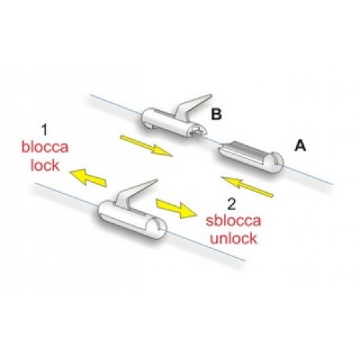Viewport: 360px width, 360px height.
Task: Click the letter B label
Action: point(216,114)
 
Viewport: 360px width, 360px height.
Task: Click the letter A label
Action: point(300,145)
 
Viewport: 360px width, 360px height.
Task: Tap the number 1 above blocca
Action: point(45,130)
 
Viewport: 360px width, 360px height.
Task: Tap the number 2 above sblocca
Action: point(231,204)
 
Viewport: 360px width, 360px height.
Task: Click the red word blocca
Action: point(45,147)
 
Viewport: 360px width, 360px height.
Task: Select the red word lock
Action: point(45,165)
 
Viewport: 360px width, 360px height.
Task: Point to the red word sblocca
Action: point(233,220)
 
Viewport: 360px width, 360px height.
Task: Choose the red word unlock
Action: point(233,238)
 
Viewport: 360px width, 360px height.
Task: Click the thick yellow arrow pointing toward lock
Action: point(88,177)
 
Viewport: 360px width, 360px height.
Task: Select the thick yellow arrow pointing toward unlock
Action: point(176,208)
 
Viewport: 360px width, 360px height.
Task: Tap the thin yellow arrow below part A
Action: point(247,187)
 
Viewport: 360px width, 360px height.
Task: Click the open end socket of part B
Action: point(198,131)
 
